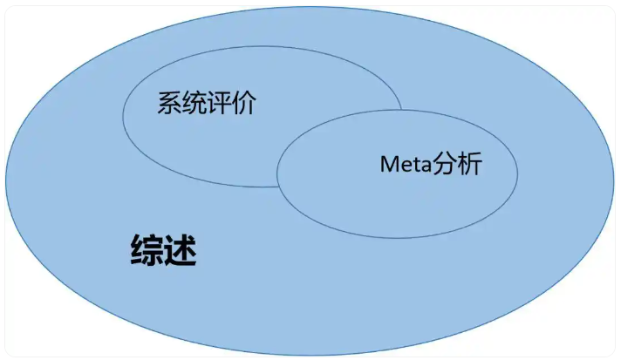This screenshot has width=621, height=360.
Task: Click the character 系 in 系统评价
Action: pos(170,103)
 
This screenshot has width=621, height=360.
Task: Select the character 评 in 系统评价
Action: pos(219,103)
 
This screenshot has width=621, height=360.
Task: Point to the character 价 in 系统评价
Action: pos(243,103)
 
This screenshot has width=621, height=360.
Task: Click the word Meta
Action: pos(406,164)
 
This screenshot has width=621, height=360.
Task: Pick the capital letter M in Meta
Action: pos(388,164)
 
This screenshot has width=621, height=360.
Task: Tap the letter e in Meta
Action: pos(406,166)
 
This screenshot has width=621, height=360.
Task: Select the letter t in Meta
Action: pos(416,165)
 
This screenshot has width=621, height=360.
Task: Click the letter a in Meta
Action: pos(427,166)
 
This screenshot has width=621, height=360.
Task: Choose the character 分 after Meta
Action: pos(444,163)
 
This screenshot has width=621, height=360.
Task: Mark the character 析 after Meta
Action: pos(469,163)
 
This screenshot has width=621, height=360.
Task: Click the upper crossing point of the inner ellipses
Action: pos(401,110)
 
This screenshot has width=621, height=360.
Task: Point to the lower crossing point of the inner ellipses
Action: pos(278,187)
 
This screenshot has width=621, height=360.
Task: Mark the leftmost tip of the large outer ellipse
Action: pos(5,180)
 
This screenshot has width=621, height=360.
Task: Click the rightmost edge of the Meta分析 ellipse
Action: pos(517,173)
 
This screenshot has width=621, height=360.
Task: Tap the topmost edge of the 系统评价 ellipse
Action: pos(263,46)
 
